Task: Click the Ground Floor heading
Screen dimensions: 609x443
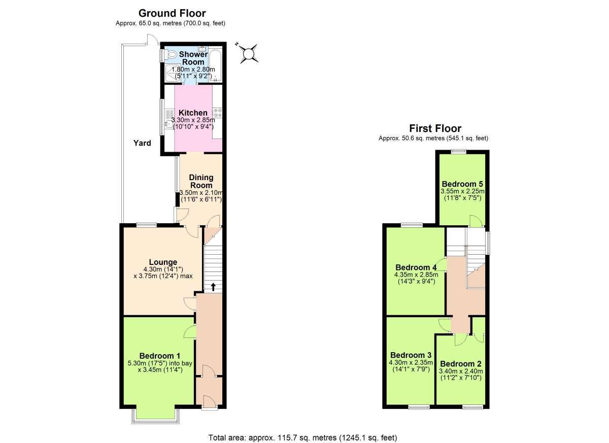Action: coord(172,13)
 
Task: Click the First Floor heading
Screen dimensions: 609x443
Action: coord(435,128)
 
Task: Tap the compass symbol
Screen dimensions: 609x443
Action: coord(248,53)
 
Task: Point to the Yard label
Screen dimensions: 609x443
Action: coord(142,143)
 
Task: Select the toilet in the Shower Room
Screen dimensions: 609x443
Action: coord(171,55)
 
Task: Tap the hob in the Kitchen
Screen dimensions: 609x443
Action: coord(218,113)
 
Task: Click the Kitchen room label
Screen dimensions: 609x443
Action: coord(193,113)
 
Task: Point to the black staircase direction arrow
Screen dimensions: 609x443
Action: coord(213,287)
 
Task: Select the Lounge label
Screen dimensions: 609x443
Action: coord(163,262)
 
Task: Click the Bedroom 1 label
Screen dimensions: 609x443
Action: coord(160,356)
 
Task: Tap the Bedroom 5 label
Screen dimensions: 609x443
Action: coord(462,184)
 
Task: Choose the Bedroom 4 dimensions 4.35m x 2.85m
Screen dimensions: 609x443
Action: coord(416,275)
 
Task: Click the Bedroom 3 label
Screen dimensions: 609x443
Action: coord(411,355)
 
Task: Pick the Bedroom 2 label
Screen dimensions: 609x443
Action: coord(461,364)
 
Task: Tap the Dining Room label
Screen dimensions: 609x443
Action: coord(201,181)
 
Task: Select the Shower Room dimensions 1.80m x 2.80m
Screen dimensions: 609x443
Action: coord(193,70)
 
